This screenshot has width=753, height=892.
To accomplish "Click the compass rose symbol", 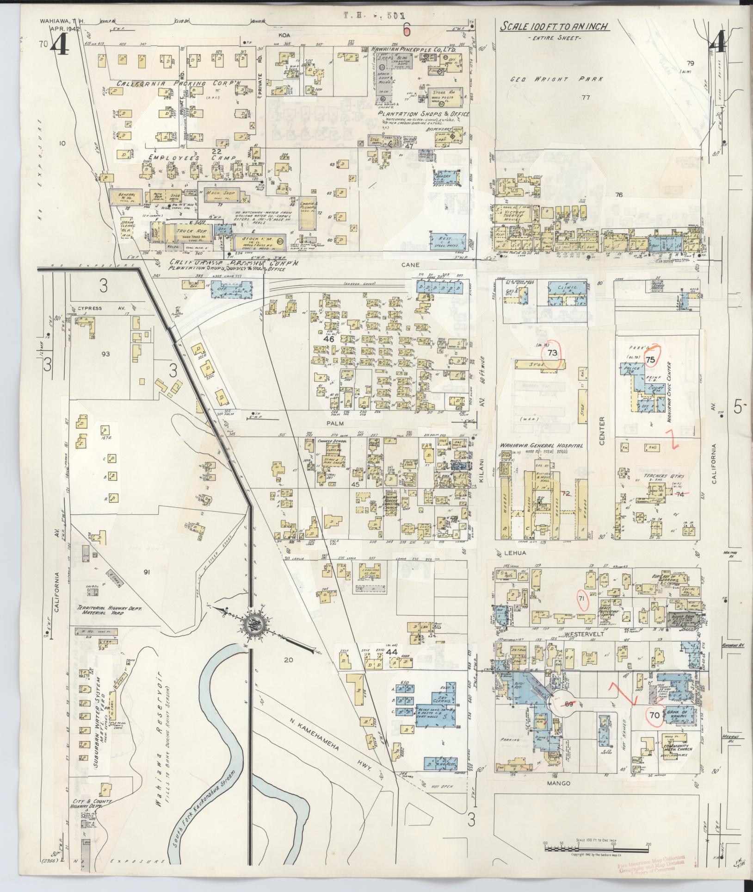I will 253,623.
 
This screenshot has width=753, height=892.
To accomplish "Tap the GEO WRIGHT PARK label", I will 557,79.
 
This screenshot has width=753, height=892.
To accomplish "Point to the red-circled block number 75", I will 651,360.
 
